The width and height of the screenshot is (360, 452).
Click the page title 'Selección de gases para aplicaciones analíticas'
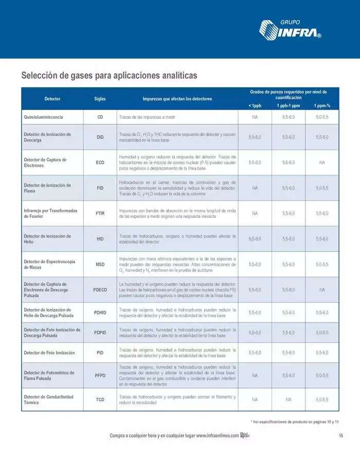[109, 75]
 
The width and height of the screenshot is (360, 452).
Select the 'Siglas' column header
[100, 98]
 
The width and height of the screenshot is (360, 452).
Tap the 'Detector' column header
[52, 98]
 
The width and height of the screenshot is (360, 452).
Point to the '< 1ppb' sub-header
[255, 105]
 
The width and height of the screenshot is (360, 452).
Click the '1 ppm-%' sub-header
[322, 105]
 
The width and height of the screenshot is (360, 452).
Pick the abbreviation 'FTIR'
[100, 213]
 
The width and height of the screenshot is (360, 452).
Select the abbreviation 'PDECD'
[100, 290]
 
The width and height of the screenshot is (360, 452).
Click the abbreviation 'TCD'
[100, 400]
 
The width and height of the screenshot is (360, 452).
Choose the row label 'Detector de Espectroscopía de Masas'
[50, 264]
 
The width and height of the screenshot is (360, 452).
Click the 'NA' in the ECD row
[322, 162]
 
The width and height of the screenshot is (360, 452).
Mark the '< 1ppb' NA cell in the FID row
[255, 188]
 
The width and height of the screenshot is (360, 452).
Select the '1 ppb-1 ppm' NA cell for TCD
[289, 400]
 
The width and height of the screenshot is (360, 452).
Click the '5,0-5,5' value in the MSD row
[322, 264]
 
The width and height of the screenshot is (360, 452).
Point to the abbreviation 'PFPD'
[100, 376]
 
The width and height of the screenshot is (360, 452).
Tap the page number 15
[341, 436]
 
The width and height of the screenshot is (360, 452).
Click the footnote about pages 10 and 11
[295, 422]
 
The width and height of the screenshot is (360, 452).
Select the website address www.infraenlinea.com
[217, 436]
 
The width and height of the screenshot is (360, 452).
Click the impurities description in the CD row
[148, 117]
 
